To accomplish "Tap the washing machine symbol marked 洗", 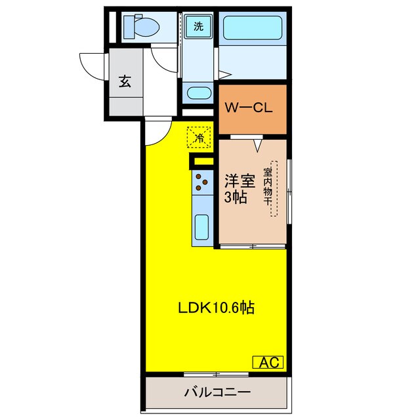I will [198, 27].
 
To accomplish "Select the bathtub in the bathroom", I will [253, 28].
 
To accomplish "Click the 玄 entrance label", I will [124, 81].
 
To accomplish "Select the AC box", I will [268, 361].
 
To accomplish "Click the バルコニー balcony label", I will [216, 392].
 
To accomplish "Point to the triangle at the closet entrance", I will [257, 142].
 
